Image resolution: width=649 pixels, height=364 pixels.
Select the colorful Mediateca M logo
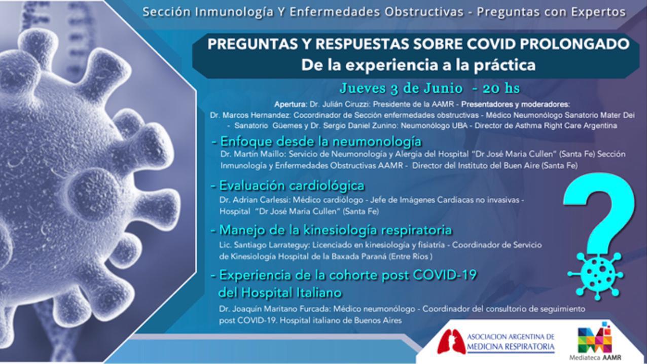click(x=595, y=339)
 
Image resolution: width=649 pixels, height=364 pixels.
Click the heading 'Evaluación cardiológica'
click(x=292, y=186)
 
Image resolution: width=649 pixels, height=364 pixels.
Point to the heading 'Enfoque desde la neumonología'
click(x=321, y=142)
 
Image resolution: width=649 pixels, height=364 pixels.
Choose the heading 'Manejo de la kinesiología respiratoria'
click(x=336, y=230)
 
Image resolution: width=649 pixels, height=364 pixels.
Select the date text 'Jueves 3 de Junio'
click(x=401, y=88)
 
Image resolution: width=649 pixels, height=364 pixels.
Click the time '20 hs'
click(x=501, y=88)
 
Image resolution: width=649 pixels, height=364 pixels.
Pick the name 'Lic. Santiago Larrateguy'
click(x=264, y=245)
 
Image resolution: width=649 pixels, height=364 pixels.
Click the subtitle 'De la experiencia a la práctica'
click(x=418, y=65)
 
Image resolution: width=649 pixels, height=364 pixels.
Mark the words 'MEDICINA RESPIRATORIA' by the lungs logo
click(x=511, y=347)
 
